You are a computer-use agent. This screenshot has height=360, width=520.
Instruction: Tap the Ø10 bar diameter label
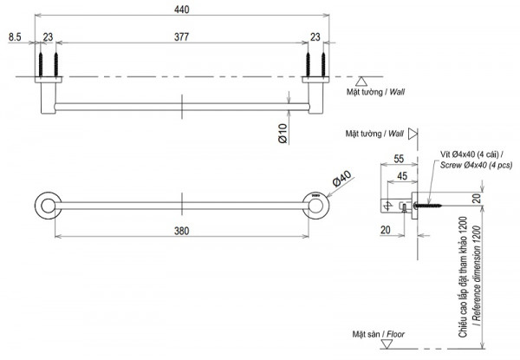283,133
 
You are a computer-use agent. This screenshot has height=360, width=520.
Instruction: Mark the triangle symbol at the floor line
412,344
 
